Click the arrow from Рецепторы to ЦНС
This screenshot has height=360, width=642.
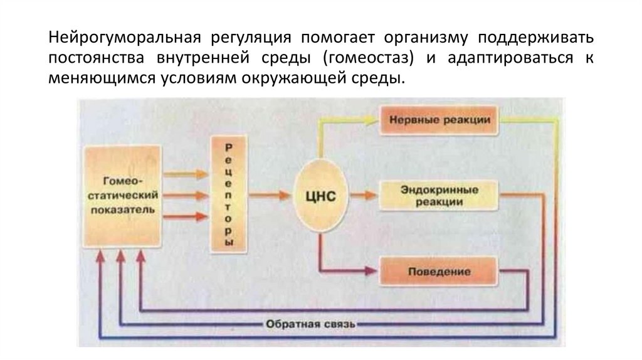270,195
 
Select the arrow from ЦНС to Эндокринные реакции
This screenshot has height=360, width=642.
364,195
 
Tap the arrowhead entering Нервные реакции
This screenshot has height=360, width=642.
371,120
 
